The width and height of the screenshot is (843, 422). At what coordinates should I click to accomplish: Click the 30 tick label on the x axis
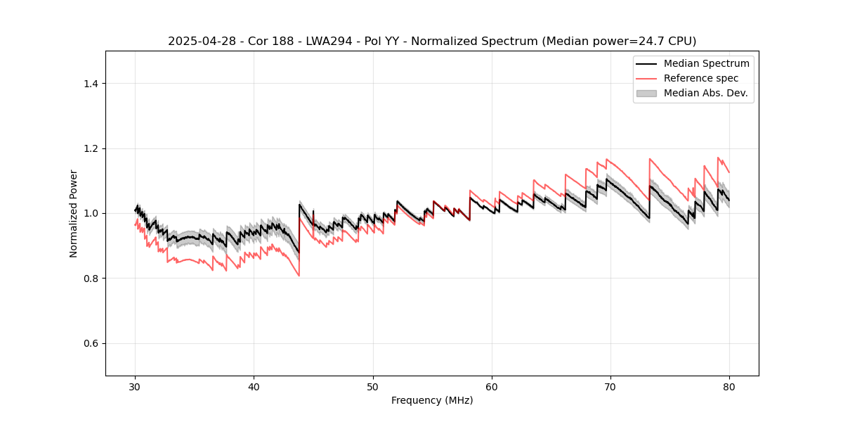[136, 386]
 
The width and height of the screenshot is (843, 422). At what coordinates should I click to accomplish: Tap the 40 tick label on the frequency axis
[254, 386]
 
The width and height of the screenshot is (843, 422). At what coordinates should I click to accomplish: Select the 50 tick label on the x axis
[373, 386]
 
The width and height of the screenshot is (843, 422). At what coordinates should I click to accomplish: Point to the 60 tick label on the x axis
[492, 386]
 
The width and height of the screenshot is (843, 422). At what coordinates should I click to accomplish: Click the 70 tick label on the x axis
[610, 386]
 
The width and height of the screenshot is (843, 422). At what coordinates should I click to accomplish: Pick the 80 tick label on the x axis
[729, 386]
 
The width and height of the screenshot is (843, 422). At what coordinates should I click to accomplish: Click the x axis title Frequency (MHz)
[432, 400]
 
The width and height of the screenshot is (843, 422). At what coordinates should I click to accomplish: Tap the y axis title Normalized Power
[74, 213]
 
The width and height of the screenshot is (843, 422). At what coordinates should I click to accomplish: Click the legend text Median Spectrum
[706, 63]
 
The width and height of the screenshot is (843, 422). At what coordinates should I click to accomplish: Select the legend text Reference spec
[701, 78]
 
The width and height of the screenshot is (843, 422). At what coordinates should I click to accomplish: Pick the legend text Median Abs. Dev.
[705, 93]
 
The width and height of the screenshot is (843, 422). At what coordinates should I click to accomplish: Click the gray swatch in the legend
[646, 93]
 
